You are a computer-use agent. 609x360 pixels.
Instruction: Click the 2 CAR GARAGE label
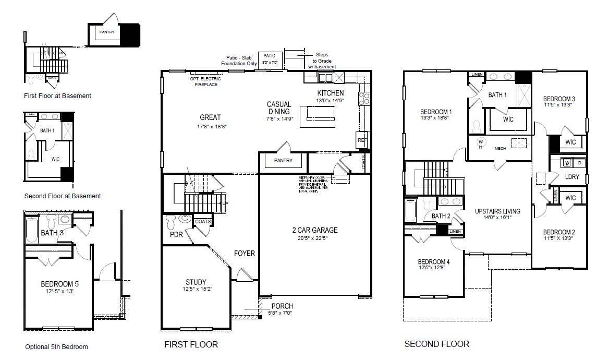pyautogui.click(x=314, y=230)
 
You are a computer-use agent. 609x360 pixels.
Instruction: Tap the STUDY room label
pyautogui.click(x=196, y=282)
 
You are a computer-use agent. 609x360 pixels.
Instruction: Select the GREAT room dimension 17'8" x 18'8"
pyautogui.click(x=210, y=126)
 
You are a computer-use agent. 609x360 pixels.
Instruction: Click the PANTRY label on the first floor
pyautogui.click(x=283, y=161)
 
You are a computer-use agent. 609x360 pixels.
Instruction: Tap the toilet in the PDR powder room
pyautogui.click(x=172, y=224)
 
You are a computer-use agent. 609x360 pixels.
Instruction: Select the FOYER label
pyautogui.click(x=244, y=254)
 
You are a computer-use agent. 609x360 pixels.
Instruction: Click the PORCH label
pyautogui.click(x=282, y=306)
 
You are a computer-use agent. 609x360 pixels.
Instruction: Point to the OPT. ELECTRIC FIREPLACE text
pyautogui.click(x=205, y=81)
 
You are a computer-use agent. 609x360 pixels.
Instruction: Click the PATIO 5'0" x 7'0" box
pyautogui.click(x=270, y=58)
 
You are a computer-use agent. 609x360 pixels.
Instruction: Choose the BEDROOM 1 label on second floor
pyautogui.click(x=436, y=112)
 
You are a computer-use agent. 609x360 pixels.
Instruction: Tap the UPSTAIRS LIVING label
pyautogui.click(x=497, y=211)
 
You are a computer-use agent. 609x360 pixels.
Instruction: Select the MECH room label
pyautogui.click(x=500, y=149)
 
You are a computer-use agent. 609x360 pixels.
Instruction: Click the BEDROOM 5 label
pyautogui.click(x=59, y=284)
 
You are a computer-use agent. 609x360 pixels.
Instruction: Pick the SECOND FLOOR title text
pyautogui.click(x=436, y=344)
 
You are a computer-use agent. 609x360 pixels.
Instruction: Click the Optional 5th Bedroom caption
pyautogui.click(x=56, y=347)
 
